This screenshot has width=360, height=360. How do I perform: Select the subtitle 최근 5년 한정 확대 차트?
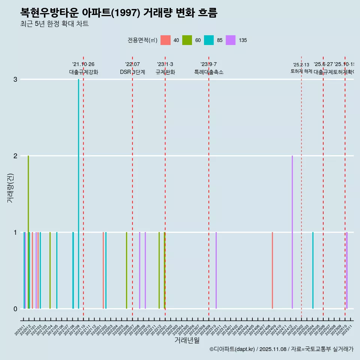pos(54,24)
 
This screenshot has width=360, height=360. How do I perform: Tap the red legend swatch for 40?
pos(165,40)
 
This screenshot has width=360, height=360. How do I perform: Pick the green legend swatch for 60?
pos(187,40)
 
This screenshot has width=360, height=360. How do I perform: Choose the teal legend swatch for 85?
pos(209,40)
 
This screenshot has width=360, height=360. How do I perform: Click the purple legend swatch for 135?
pos(231,40)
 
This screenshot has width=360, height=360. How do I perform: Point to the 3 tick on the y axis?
pos(15,79)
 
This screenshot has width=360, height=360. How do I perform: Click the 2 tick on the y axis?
pos(15,156)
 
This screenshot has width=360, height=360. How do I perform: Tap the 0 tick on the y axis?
pos(15,309)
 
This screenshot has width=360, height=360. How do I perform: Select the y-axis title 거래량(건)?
pos(10,188)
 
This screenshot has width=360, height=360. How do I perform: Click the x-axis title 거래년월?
pos(187,340)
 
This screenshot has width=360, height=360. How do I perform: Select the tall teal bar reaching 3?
pos(78,194)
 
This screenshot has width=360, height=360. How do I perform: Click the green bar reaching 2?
pos(28,232)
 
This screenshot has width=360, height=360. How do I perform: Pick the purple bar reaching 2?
pos(292,232)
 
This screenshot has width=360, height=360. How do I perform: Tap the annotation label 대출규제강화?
pos(83,72)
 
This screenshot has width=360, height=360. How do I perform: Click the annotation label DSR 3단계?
pos(132,72)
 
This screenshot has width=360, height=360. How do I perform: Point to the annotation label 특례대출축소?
pos(208,72)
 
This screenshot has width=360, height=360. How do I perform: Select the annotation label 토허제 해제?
pos(301,71)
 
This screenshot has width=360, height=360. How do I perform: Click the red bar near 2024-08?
pos(272,270)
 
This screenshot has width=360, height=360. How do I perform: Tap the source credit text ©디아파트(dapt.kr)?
pos(232,349)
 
